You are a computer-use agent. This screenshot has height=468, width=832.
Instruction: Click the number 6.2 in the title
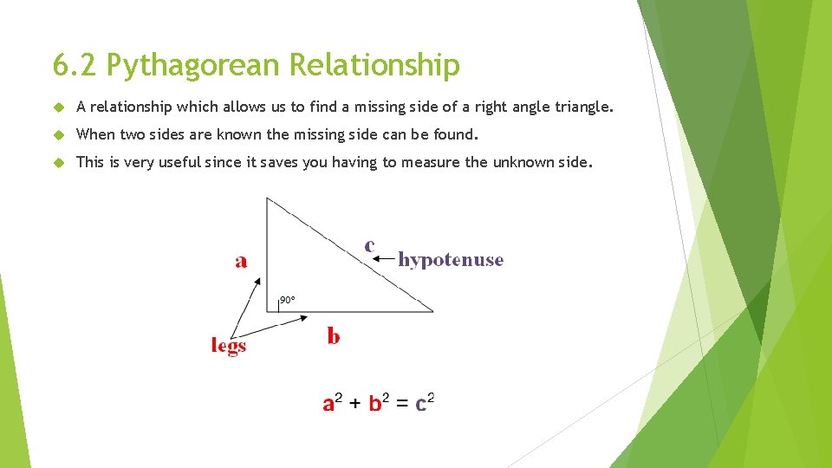pyautogui.click(x=75, y=65)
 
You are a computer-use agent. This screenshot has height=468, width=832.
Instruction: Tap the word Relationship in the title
pyautogui.click(x=374, y=65)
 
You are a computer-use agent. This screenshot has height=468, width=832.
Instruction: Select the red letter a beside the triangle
pyautogui.click(x=241, y=260)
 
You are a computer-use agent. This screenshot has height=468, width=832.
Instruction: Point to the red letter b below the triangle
pyautogui.click(x=334, y=335)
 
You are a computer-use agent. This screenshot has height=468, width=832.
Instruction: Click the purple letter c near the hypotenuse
pyautogui.click(x=370, y=245)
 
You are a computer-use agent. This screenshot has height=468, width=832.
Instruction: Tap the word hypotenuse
pyautogui.click(x=451, y=260)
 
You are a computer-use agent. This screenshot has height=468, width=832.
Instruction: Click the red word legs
pyautogui.click(x=229, y=346)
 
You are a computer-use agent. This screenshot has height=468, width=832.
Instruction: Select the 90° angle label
pyautogui.click(x=287, y=300)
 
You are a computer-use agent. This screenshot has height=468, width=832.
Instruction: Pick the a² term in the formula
pyautogui.click(x=333, y=403)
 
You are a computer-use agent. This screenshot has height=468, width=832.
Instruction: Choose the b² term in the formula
pyautogui.click(x=379, y=403)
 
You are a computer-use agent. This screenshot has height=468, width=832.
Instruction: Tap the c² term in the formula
pyautogui.click(x=425, y=403)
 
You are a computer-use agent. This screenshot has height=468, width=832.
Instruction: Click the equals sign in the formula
pyautogui.click(x=402, y=404)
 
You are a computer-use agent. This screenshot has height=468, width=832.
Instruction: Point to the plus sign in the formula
pyautogui.click(x=356, y=404)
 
